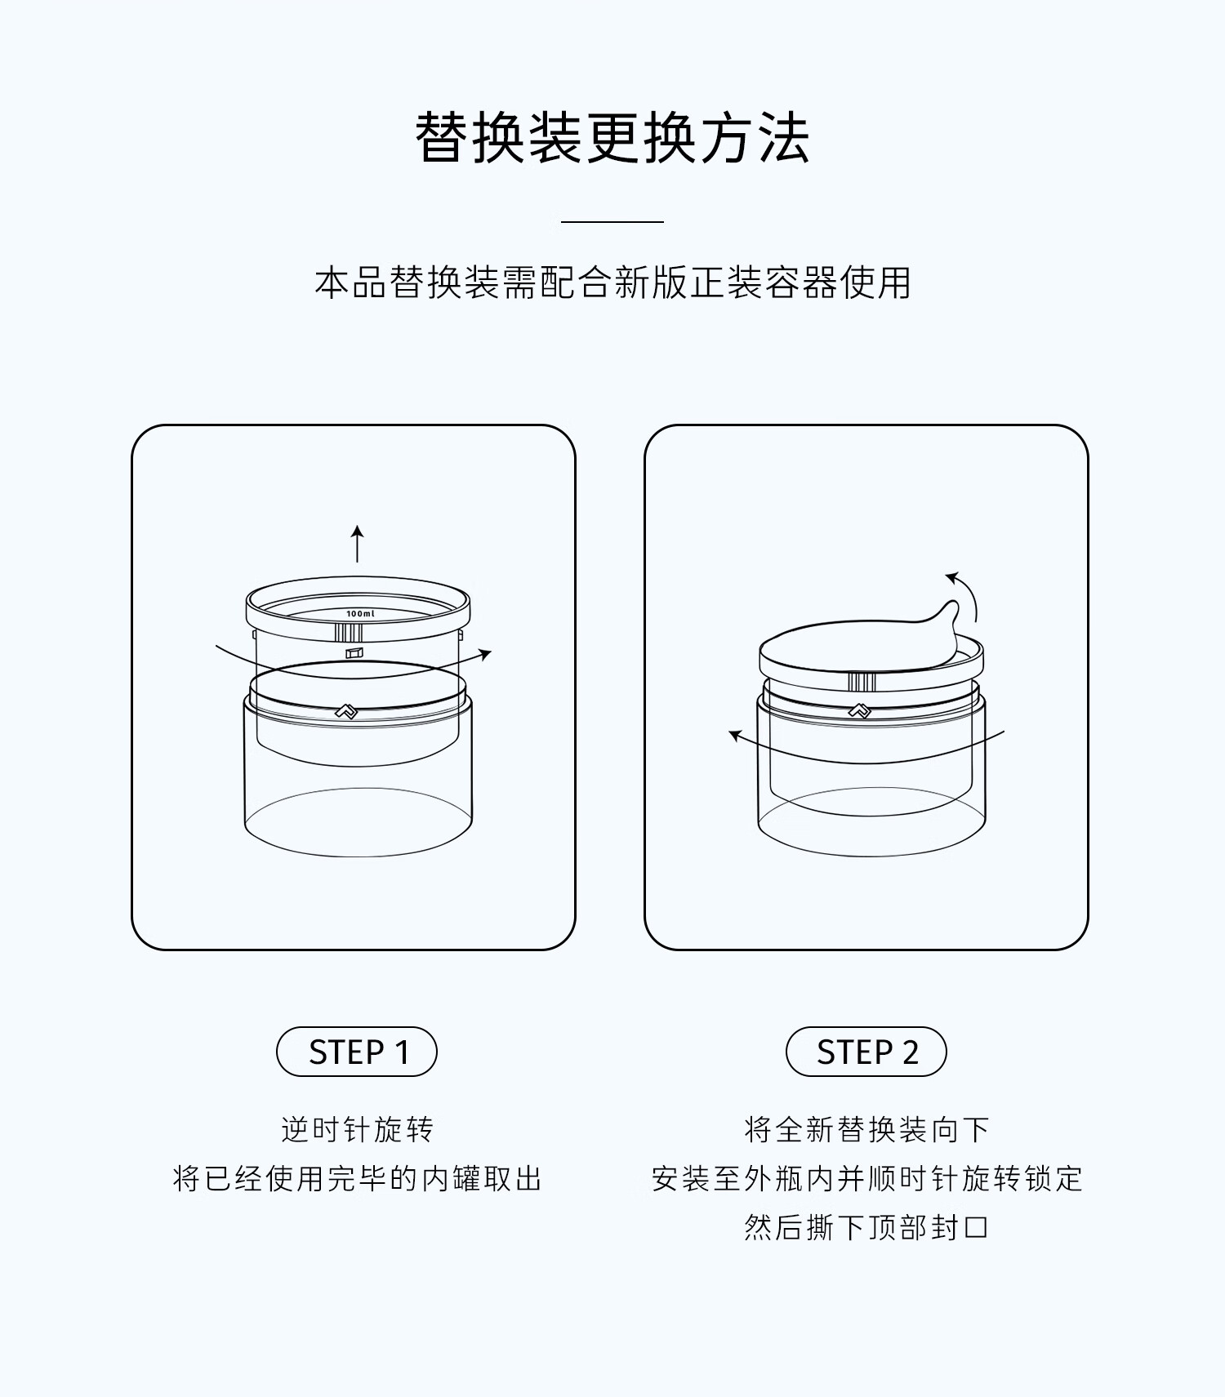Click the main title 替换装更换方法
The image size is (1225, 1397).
[612, 137]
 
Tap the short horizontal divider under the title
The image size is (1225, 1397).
[612, 221]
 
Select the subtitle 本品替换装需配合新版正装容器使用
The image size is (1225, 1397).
[612, 283]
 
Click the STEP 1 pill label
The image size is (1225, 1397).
[357, 1052]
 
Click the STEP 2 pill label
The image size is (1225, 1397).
[866, 1052]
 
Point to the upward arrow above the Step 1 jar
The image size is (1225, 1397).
[357, 544]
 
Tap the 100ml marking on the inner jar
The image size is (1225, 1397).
[360, 614]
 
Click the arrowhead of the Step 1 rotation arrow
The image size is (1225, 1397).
[486, 654]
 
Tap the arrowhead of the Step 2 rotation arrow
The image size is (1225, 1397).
[735, 736]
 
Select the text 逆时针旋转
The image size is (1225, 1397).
[358, 1129]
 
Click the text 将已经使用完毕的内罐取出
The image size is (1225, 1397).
[358, 1178]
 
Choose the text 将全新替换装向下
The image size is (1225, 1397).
[867, 1129]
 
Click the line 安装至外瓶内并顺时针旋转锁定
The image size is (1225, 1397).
[867, 1178]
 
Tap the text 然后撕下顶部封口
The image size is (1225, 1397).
[867, 1227]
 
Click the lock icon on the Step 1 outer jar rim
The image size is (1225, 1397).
[346, 712]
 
